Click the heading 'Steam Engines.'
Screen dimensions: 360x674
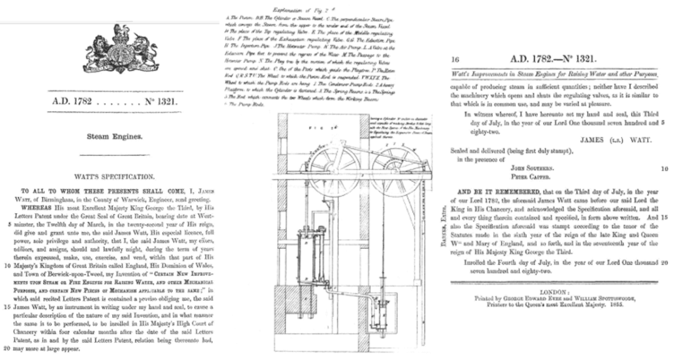pyautogui.click(x=113, y=133)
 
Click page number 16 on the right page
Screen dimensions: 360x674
pyautogui.click(x=454, y=60)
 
